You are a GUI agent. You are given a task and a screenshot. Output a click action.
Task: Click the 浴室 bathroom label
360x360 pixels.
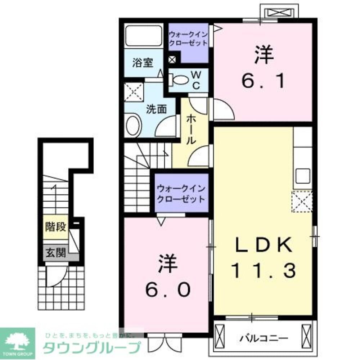tap(143, 63)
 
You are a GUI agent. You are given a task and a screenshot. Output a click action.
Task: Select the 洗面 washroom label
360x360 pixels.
tap(156, 109)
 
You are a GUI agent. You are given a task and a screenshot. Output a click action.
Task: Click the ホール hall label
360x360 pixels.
tap(191, 130)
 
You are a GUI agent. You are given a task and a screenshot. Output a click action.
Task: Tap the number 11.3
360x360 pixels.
tap(263, 270)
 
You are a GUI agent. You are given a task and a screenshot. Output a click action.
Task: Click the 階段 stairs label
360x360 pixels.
tap(55, 227)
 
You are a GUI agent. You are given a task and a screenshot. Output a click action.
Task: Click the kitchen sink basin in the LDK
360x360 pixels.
tap(302, 176)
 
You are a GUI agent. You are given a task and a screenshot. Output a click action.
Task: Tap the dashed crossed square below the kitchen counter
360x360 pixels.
tap(302, 202)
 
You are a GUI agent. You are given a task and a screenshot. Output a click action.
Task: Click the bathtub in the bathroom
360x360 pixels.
tap(144, 36)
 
